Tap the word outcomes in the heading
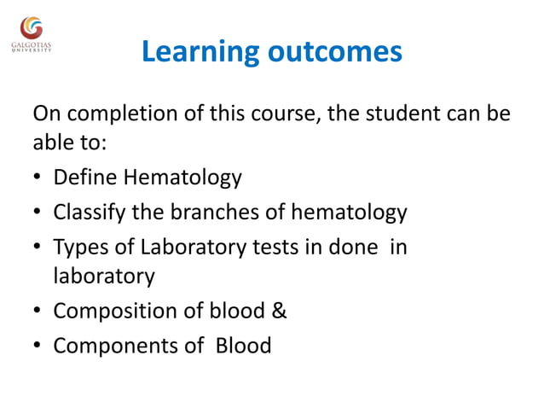pos(334,52)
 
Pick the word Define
pos(84,178)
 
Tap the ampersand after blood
pos(279,312)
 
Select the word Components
pos(111,346)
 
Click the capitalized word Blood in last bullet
pos(244,346)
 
